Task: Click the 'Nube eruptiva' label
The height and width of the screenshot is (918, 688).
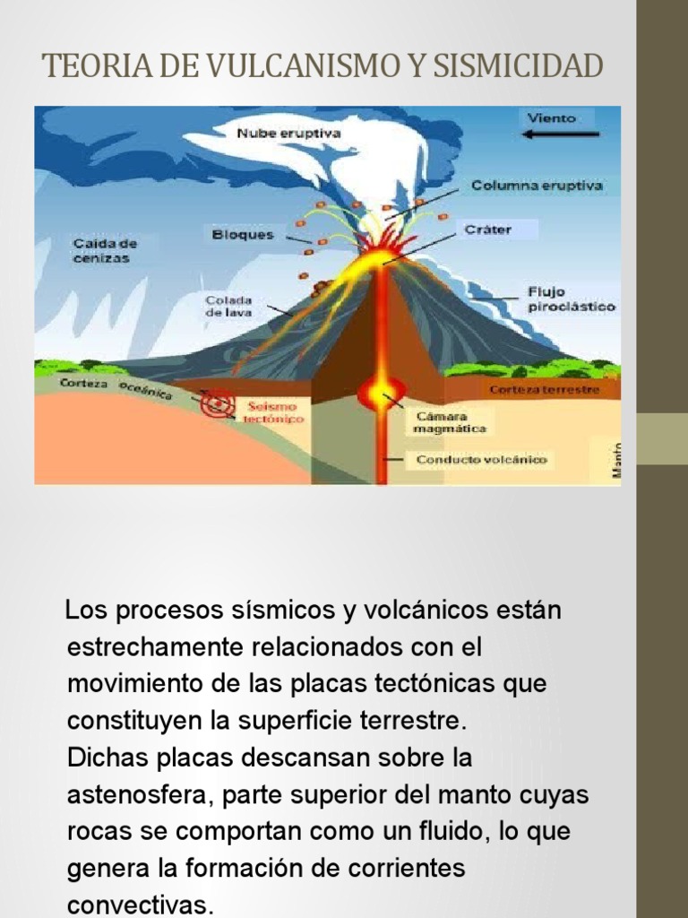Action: [288, 134]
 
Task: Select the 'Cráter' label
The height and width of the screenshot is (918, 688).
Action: [487, 229]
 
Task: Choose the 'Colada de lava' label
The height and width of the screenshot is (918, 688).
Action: [228, 307]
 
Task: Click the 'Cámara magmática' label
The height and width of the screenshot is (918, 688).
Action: [450, 422]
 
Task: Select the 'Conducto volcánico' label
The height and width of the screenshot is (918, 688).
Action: [480, 460]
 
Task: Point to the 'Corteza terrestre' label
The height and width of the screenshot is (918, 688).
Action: [543, 390]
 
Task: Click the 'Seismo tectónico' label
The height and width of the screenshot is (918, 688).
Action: [274, 412]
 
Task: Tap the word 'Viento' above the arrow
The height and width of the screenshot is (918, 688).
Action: [552, 117]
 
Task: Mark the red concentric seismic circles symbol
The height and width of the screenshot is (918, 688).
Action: [217, 403]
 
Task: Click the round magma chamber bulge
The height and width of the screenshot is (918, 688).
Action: [382, 393]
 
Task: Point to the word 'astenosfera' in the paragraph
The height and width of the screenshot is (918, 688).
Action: [138, 794]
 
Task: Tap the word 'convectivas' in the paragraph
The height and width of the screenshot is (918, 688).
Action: [141, 904]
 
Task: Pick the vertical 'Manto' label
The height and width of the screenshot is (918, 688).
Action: [616, 459]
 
